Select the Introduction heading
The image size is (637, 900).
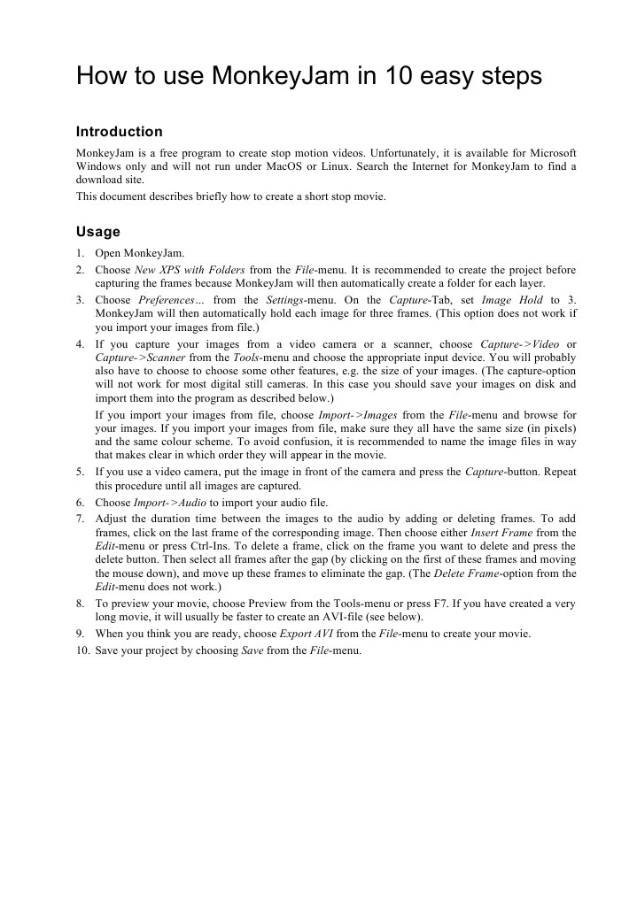pos(120,132)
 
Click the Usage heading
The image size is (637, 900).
pos(97,232)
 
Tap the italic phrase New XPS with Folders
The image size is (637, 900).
pos(190,270)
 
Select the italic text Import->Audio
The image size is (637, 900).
pos(170,501)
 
